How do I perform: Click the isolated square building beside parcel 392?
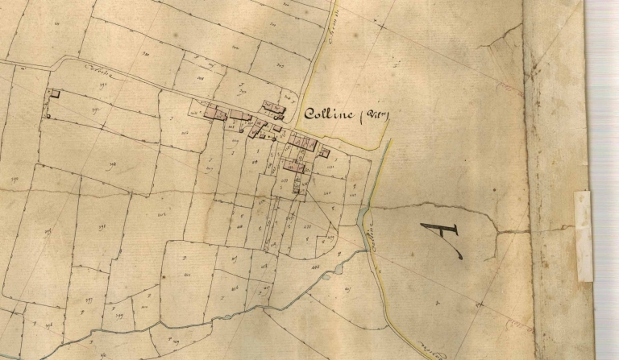point(55,94)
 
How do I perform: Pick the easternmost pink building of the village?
point(325,151)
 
